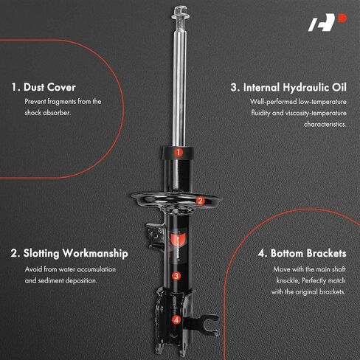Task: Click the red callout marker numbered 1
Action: coord(179,153)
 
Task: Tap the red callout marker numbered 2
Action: coord(201,201)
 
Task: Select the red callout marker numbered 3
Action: coord(176,276)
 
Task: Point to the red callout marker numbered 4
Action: coord(176,320)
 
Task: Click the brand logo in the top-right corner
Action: coord(328,22)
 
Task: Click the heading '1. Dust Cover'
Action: coord(44,87)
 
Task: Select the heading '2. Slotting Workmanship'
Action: coord(69,254)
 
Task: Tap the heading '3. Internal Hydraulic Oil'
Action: coord(288,88)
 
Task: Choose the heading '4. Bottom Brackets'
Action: coord(302,253)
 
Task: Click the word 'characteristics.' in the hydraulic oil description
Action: coord(325,124)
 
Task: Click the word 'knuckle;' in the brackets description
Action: coord(287,280)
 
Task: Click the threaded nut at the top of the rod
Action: coord(181,13)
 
